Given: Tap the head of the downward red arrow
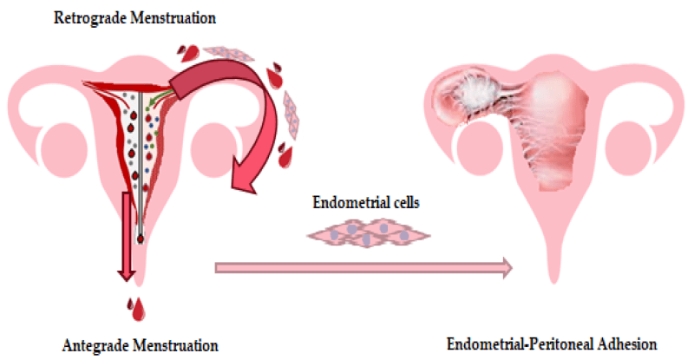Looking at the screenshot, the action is tap(127, 273).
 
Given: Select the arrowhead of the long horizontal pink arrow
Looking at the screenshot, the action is tap(507, 267).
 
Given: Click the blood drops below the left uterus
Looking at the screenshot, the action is tap(137, 308).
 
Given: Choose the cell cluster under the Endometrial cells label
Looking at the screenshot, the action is tap(368, 232).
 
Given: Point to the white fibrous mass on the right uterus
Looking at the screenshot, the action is tap(480, 92).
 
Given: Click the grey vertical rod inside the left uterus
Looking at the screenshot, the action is tap(141, 164).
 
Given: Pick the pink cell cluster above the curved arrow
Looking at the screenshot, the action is tap(229, 53).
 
